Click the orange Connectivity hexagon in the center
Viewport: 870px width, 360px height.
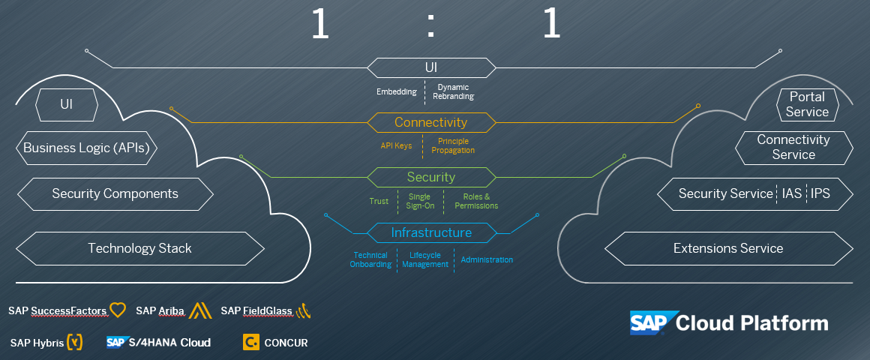click(430, 122)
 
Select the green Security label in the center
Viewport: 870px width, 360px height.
click(430, 177)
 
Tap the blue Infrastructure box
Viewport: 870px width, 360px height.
click(431, 232)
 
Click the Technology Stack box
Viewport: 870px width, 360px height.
click(139, 248)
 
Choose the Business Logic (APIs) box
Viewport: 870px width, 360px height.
click(86, 148)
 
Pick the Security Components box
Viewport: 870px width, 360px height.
click(115, 193)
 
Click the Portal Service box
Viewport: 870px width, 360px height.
click(807, 104)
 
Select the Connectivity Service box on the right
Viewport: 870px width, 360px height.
click(793, 147)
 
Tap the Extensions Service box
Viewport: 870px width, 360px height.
click(727, 248)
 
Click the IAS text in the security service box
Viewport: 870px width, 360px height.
click(791, 193)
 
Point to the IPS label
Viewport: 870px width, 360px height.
click(820, 193)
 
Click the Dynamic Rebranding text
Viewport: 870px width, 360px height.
click(453, 91)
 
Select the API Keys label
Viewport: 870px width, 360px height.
click(396, 145)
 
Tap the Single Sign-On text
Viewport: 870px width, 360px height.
click(419, 201)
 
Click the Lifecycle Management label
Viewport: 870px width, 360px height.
click(424, 259)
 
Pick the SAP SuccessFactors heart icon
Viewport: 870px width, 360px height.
click(118, 310)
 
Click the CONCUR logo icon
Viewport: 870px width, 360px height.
click(251, 343)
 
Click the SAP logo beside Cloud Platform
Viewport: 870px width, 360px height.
click(650, 322)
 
